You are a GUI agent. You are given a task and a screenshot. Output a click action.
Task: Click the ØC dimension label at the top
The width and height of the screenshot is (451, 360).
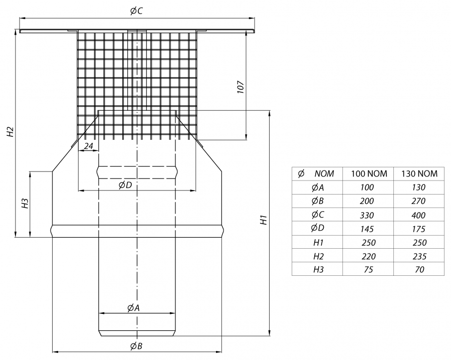click(x=136, y=11)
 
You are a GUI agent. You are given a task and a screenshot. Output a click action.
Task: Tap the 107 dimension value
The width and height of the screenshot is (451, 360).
click(x=241, y=87)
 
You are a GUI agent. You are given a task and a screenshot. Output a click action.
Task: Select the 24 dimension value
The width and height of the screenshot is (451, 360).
click(x=88, y=146)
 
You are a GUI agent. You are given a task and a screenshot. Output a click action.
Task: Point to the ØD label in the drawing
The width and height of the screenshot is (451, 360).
click(x=125, y=185)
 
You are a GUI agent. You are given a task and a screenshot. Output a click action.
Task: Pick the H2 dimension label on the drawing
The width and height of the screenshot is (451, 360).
click(x=10, y=132)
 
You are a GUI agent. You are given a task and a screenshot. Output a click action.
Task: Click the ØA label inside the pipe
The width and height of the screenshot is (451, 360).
click(x=133, y=307)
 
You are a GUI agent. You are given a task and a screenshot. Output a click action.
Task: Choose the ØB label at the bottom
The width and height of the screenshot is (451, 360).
click(x=136, y=346)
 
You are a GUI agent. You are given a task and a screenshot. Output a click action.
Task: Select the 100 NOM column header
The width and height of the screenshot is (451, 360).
click(x=369, y=173)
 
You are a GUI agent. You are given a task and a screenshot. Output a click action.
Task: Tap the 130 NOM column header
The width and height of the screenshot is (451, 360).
click(x=419, y=173)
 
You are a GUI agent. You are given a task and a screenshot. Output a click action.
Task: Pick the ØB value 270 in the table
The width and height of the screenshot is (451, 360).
click(x=419, y=201)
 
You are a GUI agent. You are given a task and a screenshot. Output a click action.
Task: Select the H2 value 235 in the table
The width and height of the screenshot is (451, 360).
click(x=419, y=256)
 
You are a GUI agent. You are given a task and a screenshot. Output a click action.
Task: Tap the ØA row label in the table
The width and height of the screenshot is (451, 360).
click(x=317, y=188)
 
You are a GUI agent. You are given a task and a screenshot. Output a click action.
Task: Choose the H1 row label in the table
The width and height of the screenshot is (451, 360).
click(x=318, y=243)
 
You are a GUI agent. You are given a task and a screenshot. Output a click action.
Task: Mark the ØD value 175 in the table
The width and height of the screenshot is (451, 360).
click(x=419, y=229)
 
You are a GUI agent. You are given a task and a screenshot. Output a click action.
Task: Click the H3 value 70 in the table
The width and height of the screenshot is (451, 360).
click(x=419, y=269)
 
